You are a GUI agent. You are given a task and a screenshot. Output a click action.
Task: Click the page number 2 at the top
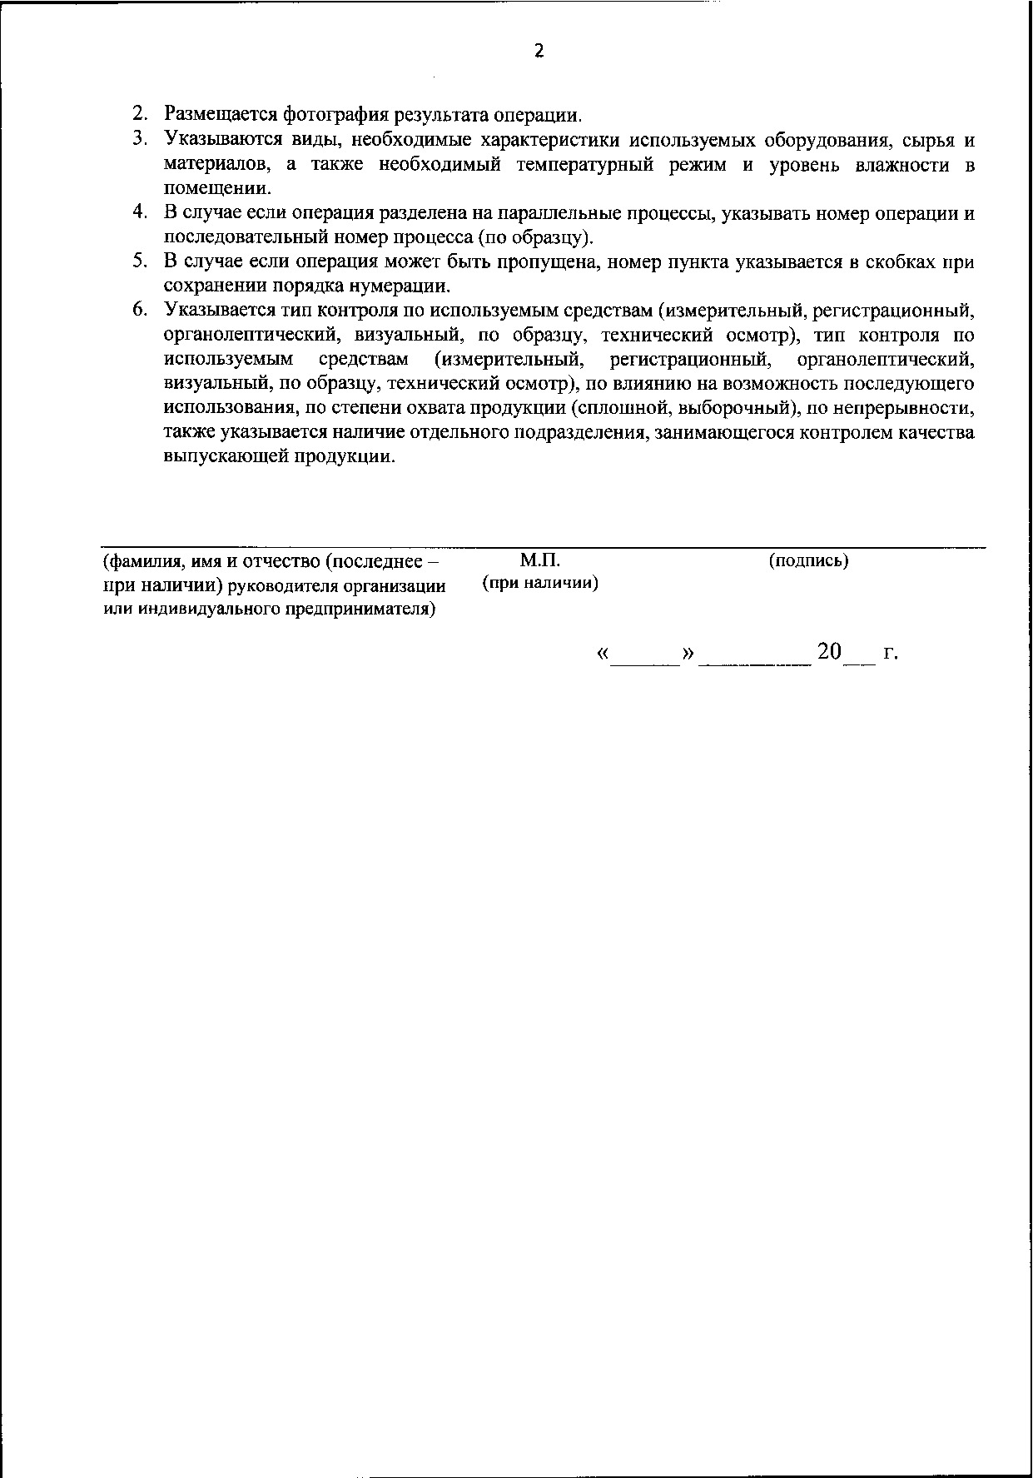point(539,52)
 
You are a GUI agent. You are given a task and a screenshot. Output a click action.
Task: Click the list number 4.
point(139,213)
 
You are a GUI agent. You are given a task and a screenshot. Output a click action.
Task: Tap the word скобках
point(901,262)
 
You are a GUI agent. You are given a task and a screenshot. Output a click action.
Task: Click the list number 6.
point(139,311)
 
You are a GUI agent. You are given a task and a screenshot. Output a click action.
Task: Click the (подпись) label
point(808,560)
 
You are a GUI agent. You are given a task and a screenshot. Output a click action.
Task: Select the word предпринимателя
point(360,610)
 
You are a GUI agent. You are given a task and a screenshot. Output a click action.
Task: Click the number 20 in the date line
point(830,652)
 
